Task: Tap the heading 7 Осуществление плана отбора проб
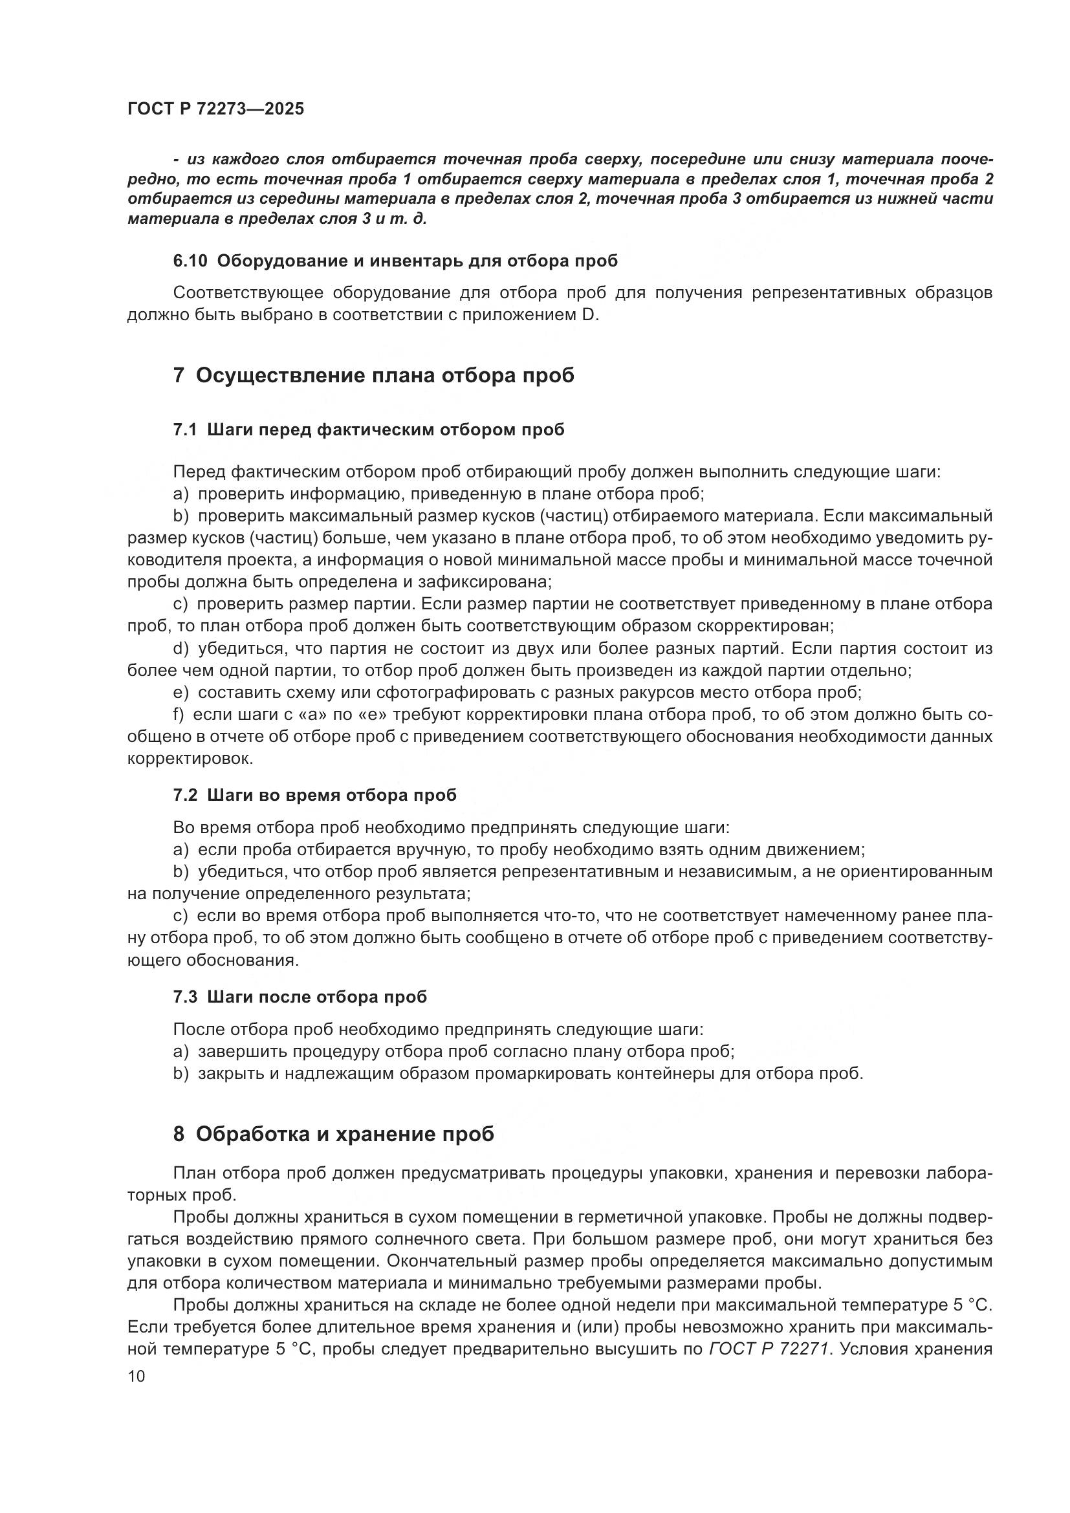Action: point(373,375)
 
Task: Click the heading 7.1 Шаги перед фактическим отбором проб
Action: point(368,430)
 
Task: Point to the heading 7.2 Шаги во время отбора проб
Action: point(314,795)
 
